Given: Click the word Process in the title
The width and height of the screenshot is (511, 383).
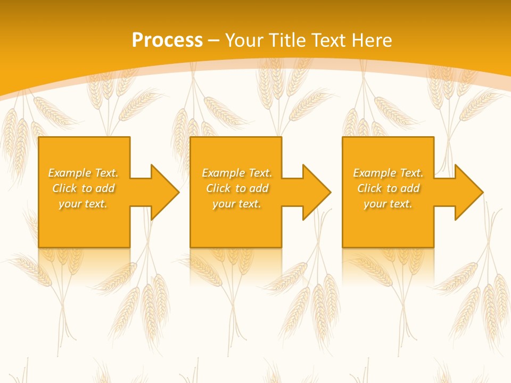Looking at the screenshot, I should tap(167, 40).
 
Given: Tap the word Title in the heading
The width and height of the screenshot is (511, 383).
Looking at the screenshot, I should tap(286, 40).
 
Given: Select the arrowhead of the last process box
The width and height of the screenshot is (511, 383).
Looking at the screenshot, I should tap(468, 192).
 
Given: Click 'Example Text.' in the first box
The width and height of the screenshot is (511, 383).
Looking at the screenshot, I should tap(83, 173).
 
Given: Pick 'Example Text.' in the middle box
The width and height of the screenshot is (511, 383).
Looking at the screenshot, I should tap(237, 173).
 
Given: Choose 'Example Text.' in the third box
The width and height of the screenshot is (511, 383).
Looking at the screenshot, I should tap(388, 173).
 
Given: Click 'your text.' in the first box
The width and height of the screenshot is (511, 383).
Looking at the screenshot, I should tap(83, 204).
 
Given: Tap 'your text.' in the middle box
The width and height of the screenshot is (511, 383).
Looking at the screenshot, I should tap(237, 204).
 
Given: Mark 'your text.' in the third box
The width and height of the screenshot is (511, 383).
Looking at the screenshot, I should tap(388, 204).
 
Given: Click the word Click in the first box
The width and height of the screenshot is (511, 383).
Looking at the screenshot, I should tap(64, 188).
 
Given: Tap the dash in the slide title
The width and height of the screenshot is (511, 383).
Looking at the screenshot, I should tap(213, 40).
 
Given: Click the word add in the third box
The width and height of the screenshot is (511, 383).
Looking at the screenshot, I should tap(410, 188).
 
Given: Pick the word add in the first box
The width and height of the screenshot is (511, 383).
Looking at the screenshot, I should tap(105, 188).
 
